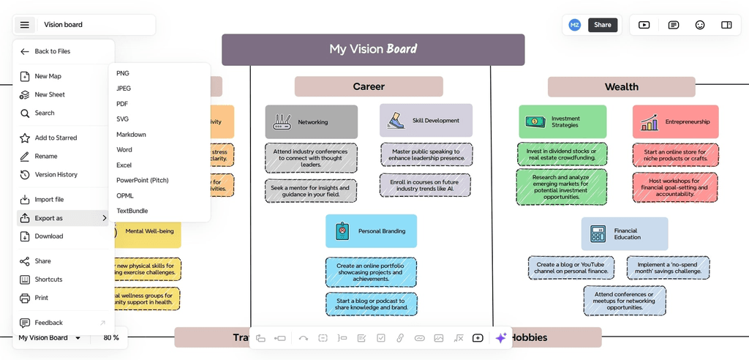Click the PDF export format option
pos(122,104)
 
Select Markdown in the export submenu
pos(131,135)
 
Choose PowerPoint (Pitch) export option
pos(142,180)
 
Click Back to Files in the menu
pos(53,51)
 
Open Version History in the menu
pos(56,175)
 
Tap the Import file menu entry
pos(49,199)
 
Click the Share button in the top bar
pos(602,25)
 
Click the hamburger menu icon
pos(25,25)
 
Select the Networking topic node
pos(312,122)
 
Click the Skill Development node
pos(426,121)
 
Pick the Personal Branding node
pos(371,231)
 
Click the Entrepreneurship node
pos(675,122)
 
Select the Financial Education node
pos(625,234)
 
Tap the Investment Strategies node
pos(562,121)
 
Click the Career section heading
pos(369,86)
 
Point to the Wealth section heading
pos(621,87)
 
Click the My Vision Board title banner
pos(373,49)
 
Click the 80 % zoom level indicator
pos(111,338)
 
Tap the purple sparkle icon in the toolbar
pos(501,338)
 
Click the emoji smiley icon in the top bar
pos(700,25)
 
